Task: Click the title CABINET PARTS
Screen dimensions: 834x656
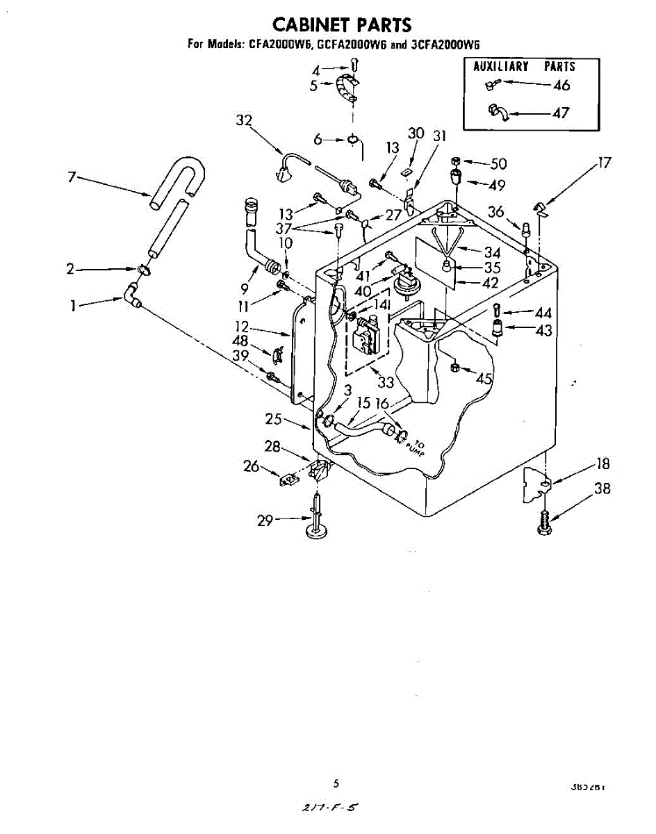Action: (342, 25)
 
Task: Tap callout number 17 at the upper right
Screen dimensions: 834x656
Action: (604, 163)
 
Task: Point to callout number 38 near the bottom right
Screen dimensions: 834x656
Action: (602, 489)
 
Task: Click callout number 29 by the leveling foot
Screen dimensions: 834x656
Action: (265, 519)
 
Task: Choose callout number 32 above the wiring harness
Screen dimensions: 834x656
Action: (243, 120)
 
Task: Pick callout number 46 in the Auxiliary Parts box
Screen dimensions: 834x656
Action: (561, 85)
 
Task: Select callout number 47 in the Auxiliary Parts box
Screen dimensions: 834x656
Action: (561, 113)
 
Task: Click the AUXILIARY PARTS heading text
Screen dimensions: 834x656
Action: (524, 67)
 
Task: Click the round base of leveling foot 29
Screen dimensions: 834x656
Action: (318, 533)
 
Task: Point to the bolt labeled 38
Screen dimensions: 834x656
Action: (544, 523)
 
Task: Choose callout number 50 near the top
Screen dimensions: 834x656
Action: (498, 164)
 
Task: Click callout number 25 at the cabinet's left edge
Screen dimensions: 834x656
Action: (273, 419)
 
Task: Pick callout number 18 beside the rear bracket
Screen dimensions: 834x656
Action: (602, 464)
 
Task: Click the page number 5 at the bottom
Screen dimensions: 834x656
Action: (336, 784)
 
